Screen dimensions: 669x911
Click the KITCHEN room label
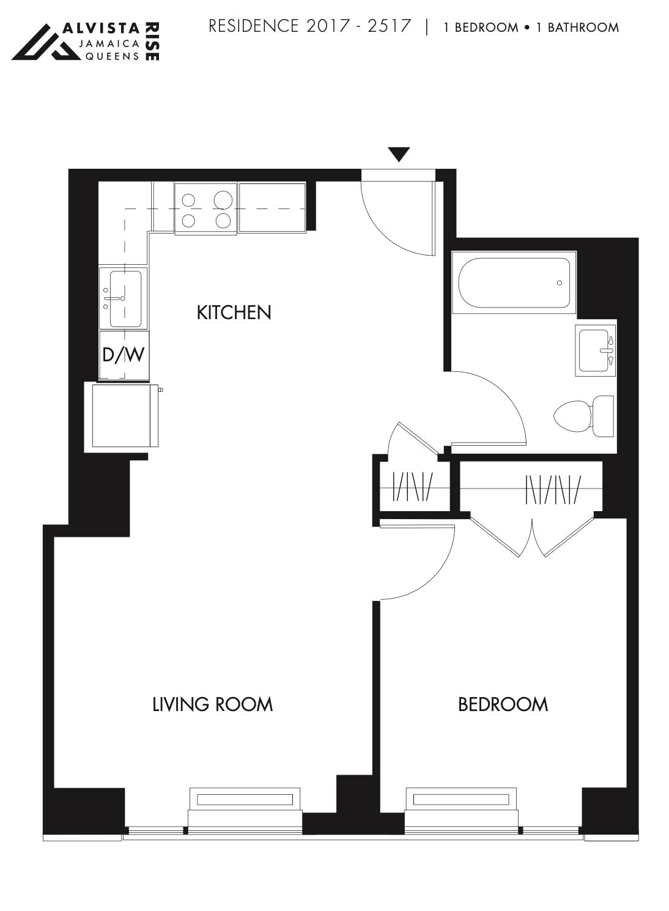point(234,312)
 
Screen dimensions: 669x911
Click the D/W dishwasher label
point(124,355)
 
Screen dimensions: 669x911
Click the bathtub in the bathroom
point(514,282)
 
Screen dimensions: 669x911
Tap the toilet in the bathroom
point(584,416)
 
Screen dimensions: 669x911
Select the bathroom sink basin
point(596,350)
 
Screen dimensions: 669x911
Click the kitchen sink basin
point(124,298)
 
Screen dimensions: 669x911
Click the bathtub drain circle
point(560,282)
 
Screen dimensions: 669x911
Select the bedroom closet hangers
point(553,489)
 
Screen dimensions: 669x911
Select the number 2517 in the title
point(389,26)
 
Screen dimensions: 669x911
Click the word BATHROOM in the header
point(583,28)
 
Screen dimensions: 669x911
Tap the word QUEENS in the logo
point(111,56)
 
